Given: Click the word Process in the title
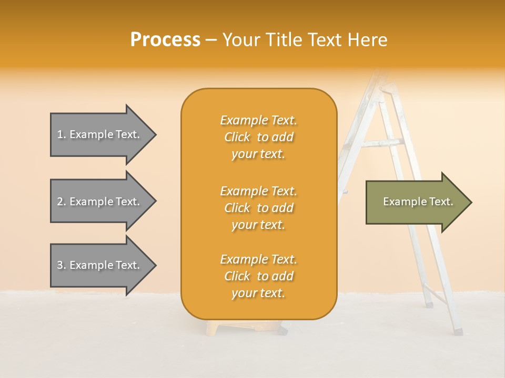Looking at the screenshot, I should (165, 40).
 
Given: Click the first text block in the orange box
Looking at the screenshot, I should (258, 137).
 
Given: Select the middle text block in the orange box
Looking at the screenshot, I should (258, 208).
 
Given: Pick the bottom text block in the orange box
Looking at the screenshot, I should (258, 276).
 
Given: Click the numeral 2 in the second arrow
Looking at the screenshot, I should (60, 202).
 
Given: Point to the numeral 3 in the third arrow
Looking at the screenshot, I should (60, 265).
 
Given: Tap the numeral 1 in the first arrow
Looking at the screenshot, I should (60, 134).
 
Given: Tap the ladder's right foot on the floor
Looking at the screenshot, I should (458, 331).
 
